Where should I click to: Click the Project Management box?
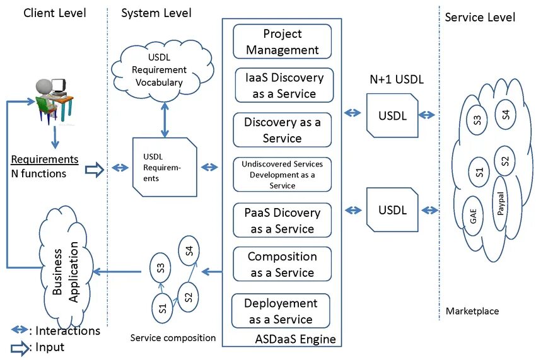[x=283, y=42]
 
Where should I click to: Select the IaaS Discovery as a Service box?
[x=283, y=86]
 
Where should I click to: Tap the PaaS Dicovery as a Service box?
[x=283, y=221]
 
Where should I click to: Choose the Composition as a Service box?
[x=283, y=265]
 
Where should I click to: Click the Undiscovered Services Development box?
[x=283, y=175]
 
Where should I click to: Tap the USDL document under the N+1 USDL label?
[x=392, y=115]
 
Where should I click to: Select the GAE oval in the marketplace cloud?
[x=472, y=216]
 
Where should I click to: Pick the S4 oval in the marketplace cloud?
[x=506, y=115]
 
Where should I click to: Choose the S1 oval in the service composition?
[x=162, y=308]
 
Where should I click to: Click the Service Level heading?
[x=480, y=17]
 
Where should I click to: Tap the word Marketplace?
[x=472, y=311]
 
